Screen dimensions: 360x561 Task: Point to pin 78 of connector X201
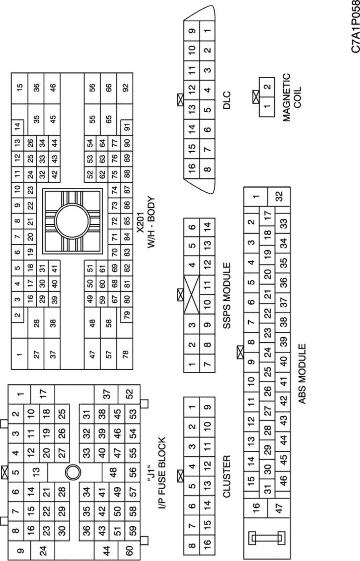click(125, 354)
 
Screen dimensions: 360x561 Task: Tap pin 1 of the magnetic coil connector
click(267, 106)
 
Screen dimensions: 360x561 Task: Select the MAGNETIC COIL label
click(292, 92)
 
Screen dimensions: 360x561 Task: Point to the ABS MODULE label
click(302, 374)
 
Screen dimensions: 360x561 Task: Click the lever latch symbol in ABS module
click(267, 540)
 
